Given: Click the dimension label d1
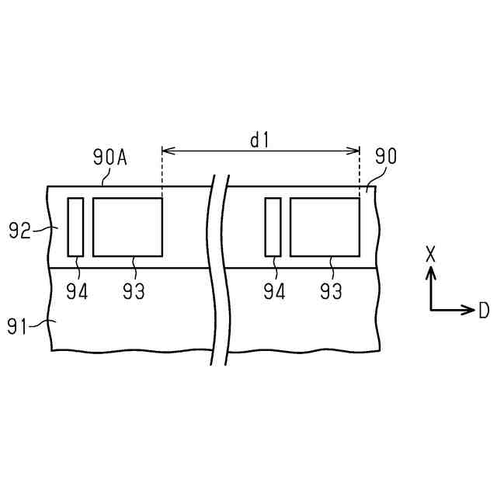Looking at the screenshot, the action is tap(259, 141).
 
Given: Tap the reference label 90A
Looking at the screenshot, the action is tap(110, 157).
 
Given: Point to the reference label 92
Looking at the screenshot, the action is tap(19, 231).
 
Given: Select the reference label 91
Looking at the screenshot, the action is tap(17, 326).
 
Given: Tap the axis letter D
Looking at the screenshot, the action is tap(484, 310).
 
